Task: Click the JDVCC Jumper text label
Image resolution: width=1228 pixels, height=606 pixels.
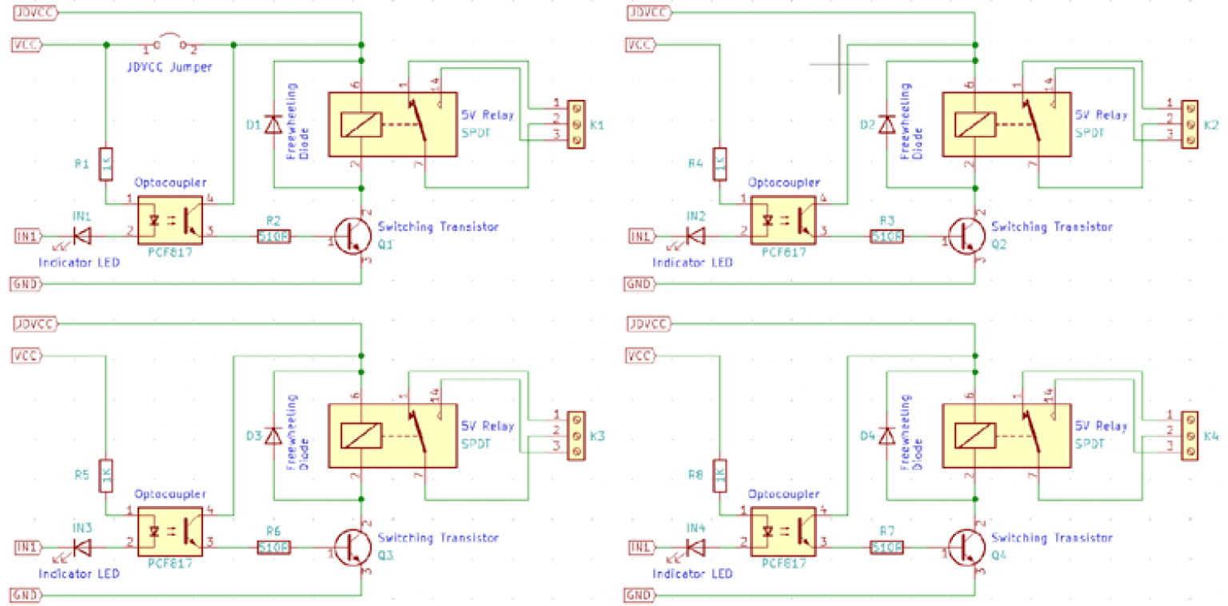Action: coord(169,67)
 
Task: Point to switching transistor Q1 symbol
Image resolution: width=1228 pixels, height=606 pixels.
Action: coord(351,236)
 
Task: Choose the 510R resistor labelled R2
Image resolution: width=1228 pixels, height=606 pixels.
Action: coord(273,237)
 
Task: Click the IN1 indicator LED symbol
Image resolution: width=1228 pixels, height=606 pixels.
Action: coord(81,236)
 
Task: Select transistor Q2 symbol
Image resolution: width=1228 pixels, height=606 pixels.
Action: coord(965,236)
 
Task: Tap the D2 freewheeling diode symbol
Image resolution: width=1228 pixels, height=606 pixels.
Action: coord(886,126)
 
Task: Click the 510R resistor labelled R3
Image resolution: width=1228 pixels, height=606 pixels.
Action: coord(887,237)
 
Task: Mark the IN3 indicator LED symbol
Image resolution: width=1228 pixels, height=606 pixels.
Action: coord(81,547)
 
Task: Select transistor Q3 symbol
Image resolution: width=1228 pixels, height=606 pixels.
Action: coord(351,547)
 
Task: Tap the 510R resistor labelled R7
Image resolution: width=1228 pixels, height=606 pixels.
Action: coord(887,548)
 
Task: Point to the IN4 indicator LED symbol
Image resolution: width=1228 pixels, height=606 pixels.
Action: coord(695,547)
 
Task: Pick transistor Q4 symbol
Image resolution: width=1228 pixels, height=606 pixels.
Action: coord(965,547)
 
